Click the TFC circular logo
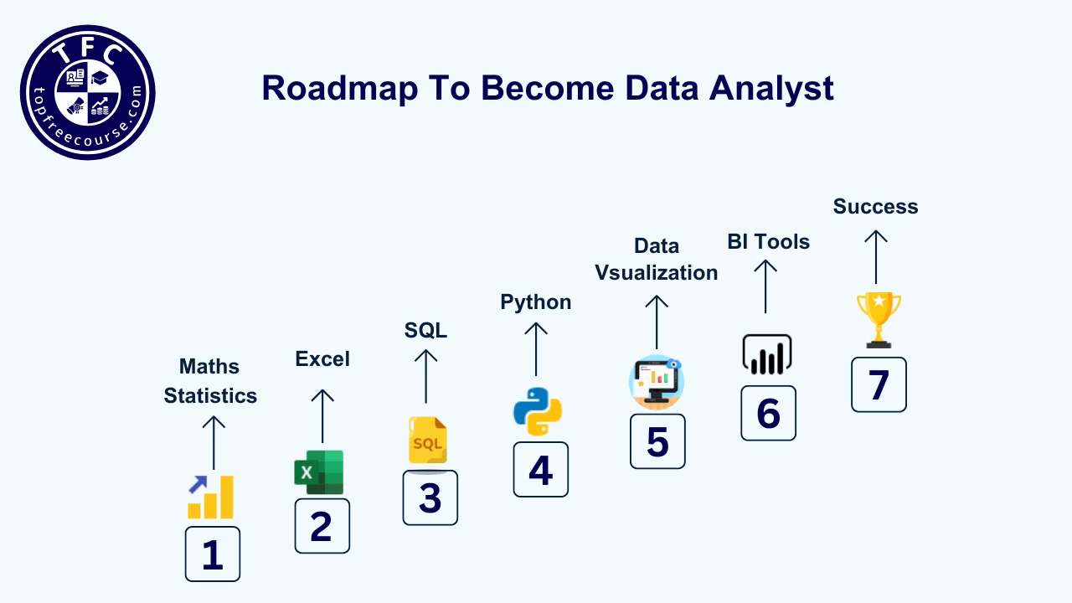[87, 92]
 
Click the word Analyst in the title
[772, 89]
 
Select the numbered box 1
[213, 554]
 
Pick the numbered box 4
[540, 470]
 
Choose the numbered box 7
[879, 384]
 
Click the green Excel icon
[319, 472]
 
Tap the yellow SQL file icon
[428, 441]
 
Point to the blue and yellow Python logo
[537, 412]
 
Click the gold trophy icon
[879, 319]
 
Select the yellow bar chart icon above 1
[210, 497]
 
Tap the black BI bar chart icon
[766, 355]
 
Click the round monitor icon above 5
[657, 383]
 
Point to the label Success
[875, 207]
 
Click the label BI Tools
[768, 242]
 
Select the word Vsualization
[657, 273]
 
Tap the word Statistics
[210, 395]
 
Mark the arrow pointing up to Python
[536, 349]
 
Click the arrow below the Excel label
[322, 415]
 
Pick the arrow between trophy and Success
[876, 257]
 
